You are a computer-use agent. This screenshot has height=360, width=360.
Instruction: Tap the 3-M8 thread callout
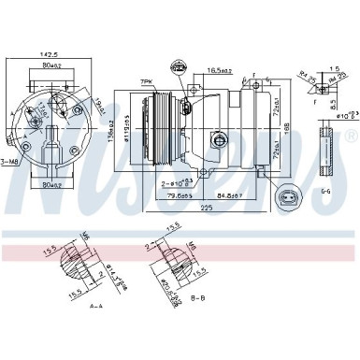(9, 162)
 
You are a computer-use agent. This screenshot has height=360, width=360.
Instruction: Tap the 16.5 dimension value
(220, 70)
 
